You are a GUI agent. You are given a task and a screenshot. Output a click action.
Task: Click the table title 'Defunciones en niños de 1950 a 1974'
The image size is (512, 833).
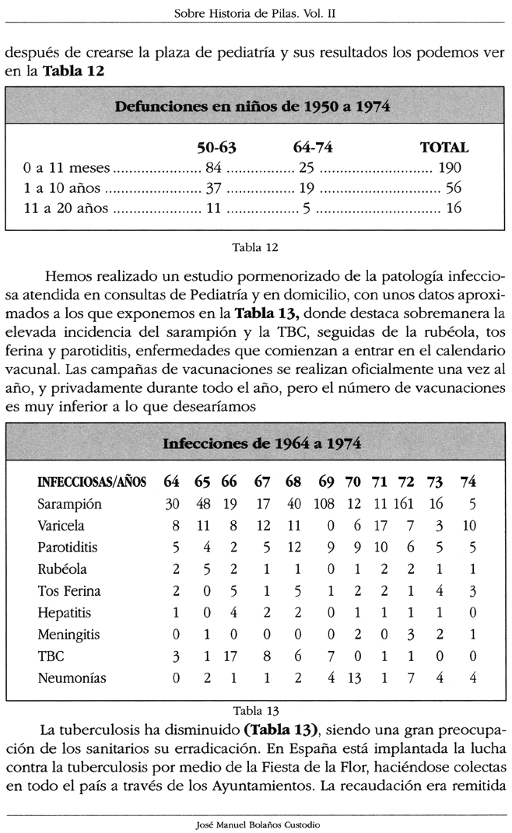click(x=253, y=107)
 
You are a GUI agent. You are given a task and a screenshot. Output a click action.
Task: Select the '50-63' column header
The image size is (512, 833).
click(x=216, y=147)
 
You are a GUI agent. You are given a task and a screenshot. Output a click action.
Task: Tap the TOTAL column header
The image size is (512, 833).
click(x=444, y=147)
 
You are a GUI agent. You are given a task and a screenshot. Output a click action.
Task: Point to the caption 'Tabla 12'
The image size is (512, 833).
click(x=255, y=248)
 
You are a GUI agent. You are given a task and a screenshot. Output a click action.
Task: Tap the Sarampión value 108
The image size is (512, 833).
click(x=324, y=503)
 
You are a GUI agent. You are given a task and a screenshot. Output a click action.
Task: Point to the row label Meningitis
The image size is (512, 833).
click(x=68, y=634)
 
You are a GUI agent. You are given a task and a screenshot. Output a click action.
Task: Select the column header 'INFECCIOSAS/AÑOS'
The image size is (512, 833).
click(x=92, y=481)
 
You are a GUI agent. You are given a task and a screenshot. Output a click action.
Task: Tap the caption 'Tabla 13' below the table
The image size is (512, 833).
click(x=255, y=709)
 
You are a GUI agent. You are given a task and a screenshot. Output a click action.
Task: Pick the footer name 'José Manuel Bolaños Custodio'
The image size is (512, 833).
click(x=255, y=824)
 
